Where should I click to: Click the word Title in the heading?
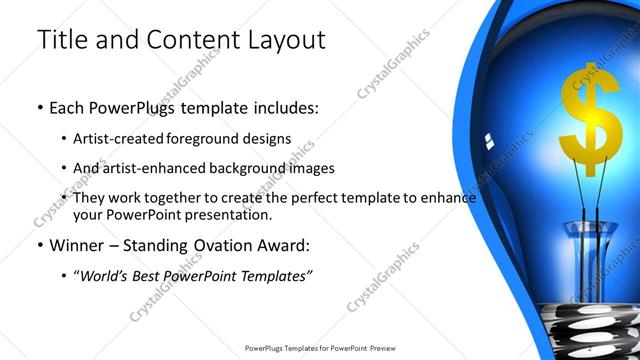coord(66,41)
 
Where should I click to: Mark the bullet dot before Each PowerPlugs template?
coord(39,105)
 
